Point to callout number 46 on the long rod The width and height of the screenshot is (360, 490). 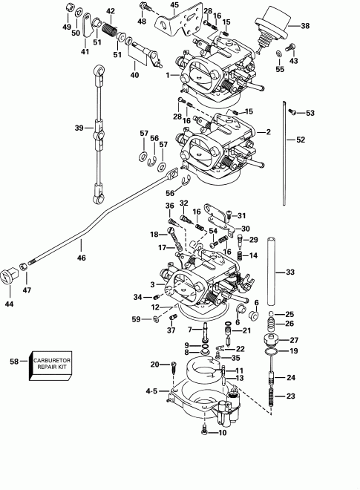pyautogui.click(x=81, y=258)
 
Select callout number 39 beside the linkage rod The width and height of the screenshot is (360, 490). pyautogui.click(x=78, y=128)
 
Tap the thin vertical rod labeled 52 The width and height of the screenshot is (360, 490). pyautogui.click(x=285, y=153)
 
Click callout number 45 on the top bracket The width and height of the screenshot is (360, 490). pyautogui.click(x=175, y=5)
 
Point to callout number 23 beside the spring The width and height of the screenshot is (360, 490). pyautogui.click(x=291, y=396)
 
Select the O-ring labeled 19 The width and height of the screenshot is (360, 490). pyautogui.click(x=272, y=351)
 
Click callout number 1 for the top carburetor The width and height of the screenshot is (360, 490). pyautogui.click(x=168, y=76)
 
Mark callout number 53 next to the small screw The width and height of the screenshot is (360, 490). pyautogui.click(x=310, y=113)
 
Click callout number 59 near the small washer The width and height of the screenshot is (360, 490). pyautogui.click(x=136, y=319)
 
